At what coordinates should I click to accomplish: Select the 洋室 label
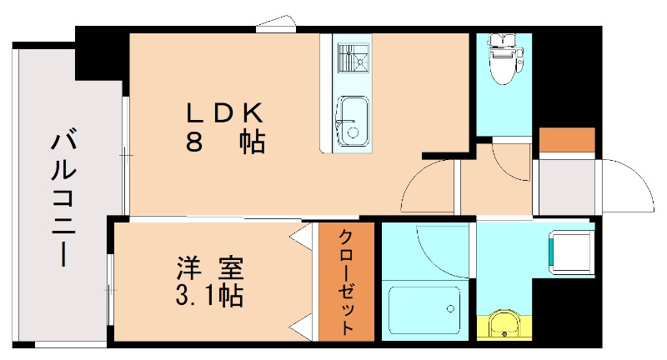coord(209,269)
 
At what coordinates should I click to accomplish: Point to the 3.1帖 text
coord(209,295)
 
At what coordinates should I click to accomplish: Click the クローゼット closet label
coord(347,282)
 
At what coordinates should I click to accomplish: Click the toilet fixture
coord(503,59)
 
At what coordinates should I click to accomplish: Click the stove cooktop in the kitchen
coord(354,57)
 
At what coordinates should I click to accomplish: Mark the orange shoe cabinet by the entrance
coord(567,139)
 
